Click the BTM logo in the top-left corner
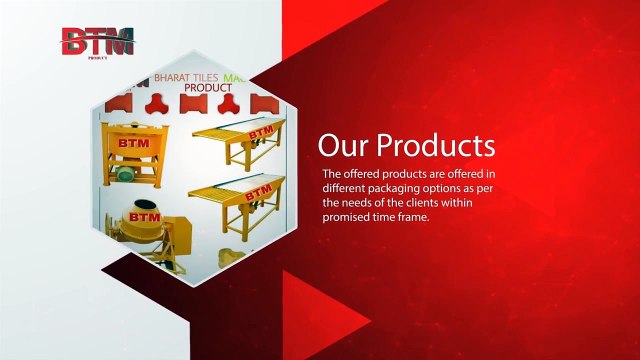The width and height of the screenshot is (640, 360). click(96, 41)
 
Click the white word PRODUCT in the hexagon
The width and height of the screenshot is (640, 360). click(208, 88)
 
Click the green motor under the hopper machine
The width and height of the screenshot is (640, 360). click(126, 174)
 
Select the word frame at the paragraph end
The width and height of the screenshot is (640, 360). click(413, 217)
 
